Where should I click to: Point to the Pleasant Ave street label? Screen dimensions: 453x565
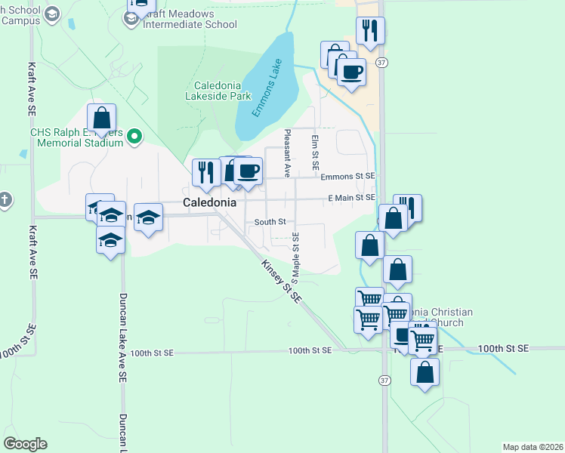287,153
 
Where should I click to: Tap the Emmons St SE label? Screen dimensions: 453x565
347,177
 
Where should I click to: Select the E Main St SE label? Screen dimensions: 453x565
351,198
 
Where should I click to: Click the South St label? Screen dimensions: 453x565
270,222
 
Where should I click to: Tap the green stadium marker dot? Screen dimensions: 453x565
134,137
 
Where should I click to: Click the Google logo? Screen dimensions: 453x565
25,444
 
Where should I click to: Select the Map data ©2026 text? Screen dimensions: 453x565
532,447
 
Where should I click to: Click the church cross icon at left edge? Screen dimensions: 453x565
5,200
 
